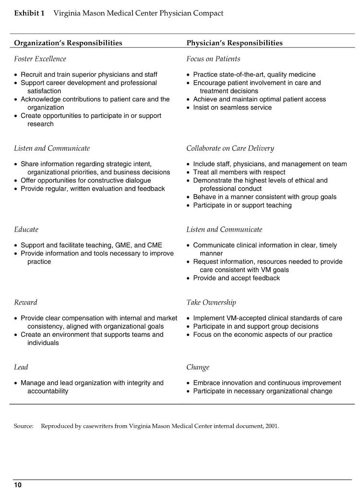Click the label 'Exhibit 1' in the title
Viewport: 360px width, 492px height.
click(x=29, y=13)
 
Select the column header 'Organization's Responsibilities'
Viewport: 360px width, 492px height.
click(x=68, y=43)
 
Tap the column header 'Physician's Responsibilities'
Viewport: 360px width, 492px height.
click(x=234, y=43)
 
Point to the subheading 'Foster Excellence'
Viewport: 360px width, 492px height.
click(x=40, y=59)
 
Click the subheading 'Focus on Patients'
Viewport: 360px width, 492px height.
click(x=213, y=59)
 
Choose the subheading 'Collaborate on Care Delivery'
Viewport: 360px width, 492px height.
click(x=230, y=148)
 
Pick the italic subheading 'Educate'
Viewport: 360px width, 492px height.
click(x=26, y=230)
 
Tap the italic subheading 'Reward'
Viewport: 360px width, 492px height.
click(x=25, y=303)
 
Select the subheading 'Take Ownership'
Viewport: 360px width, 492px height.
click(x=211, y=303)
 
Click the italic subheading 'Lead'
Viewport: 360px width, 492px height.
click(x=21, y=368)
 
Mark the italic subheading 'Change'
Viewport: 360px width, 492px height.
click(x=198, y=368)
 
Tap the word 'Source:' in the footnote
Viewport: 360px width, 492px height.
click(x=24, y=426)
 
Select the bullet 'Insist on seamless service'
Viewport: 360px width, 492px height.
click(x=232, y=108)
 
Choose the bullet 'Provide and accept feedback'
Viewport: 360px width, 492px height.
click(x=236, y=278)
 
